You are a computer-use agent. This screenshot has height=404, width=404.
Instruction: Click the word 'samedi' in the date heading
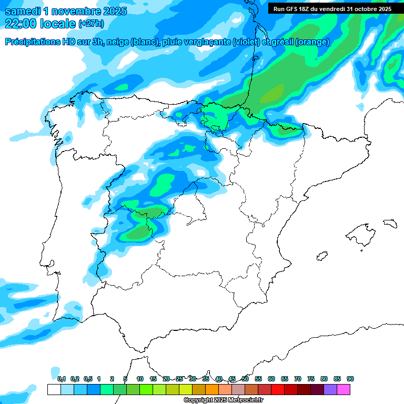coord(24,11)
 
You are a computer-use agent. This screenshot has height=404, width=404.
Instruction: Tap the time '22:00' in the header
coord(21,24)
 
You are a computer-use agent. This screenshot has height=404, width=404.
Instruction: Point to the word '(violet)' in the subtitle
coord(245,42)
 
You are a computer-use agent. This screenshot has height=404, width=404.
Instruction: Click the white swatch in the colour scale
coord(54,389)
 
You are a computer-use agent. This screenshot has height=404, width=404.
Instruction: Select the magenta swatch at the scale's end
coord(344,389)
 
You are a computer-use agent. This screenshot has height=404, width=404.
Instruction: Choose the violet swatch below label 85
coord(330,389)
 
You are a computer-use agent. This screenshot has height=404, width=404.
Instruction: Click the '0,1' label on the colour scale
coord(62,379)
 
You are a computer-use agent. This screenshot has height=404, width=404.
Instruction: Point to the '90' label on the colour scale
coord(350,379)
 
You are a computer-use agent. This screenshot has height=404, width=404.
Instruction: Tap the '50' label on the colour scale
coord(245,379)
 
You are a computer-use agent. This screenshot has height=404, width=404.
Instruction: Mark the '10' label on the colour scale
coord(140,379)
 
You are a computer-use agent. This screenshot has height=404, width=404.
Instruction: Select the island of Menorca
coord(389,223)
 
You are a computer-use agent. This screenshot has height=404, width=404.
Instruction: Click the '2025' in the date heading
coord(112,11)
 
